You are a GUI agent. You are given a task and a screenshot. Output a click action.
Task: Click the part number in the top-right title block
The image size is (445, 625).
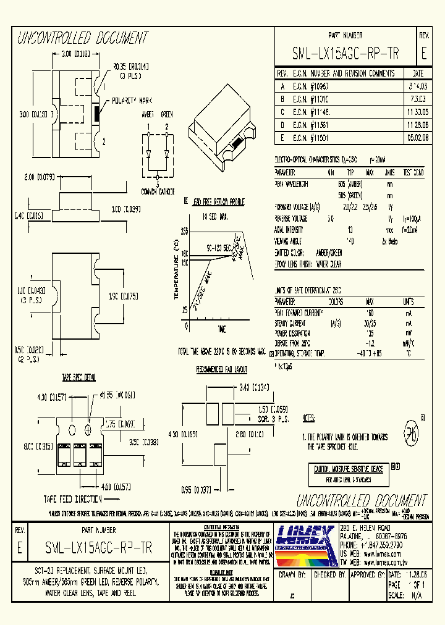pyautogui.click(x=345, y=54)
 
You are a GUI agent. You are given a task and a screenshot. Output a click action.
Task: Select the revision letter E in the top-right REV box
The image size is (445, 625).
pyautogui.click(x=423, y=54)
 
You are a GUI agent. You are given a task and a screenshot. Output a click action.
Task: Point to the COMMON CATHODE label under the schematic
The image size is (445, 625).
pyautogui.click(x=157, y=191)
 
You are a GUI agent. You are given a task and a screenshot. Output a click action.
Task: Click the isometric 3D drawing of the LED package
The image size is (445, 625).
pyautogui.click(x=226, y=121)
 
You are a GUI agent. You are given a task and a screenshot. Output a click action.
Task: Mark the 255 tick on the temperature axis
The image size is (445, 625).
pyautogui.click(x=184, y=230)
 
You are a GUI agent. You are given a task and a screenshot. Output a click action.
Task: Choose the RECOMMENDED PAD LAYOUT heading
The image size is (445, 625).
pyautogui.click(x=221, y=369)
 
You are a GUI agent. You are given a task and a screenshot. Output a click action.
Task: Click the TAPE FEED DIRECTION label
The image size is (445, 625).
pyautogui.click(x=74, y=498)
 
